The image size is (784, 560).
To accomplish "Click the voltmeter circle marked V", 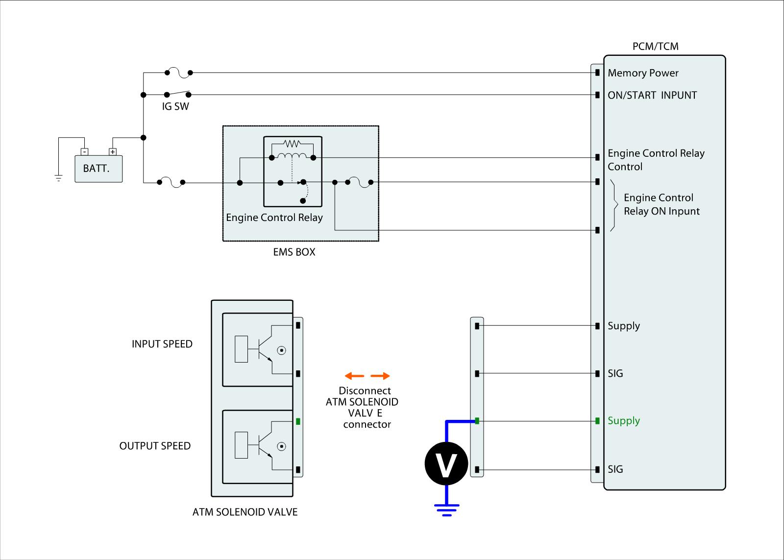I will (446, 463).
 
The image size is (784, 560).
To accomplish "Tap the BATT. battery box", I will (98, 169).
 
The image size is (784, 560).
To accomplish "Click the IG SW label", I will (175, 106).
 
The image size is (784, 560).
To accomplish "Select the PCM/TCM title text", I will (655, 47).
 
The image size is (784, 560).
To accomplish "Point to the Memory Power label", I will (643, 73).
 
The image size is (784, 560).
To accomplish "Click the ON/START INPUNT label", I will (652, 95).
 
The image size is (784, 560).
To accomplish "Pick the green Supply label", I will (624, 421).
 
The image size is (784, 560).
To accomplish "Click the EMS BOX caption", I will (294, 252).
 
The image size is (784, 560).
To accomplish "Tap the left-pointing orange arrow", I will (354, 376).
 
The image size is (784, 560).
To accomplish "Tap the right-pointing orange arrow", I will (380, 376).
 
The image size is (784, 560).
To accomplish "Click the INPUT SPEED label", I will (162, 344).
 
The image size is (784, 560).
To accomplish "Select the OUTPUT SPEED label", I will (155, 446).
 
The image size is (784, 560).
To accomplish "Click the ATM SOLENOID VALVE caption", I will (245, 512).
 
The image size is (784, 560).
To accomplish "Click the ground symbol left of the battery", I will (59, 178).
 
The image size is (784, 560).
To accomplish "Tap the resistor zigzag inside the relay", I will (292, 144).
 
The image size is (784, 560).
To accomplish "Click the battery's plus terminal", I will (113, 152).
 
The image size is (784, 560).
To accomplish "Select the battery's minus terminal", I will (84, 152).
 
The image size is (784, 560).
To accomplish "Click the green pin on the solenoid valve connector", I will (298, 421).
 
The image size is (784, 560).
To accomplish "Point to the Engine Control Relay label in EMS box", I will (274, 218).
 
